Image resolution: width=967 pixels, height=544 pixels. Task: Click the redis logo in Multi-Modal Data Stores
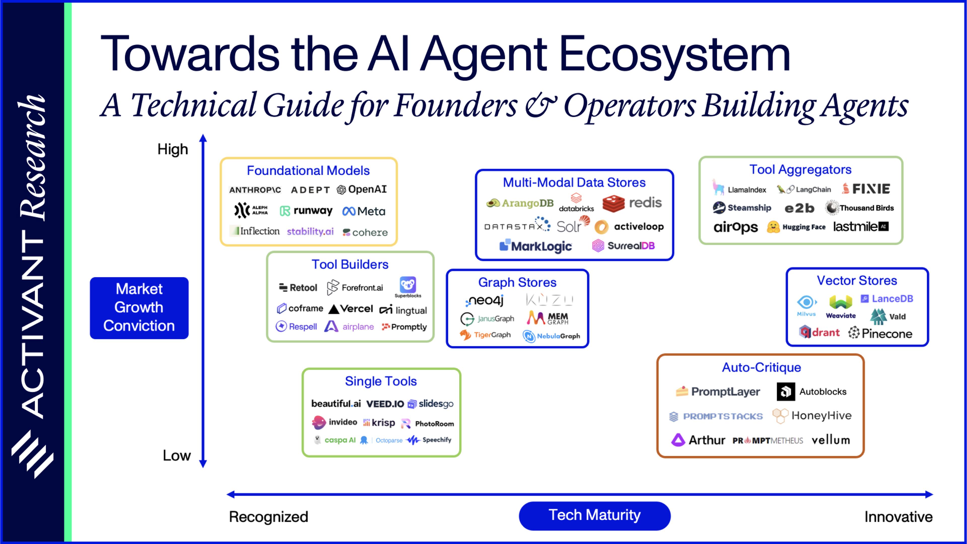[x=632, y=203]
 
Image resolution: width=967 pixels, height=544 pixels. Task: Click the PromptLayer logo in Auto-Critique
[x=718, y=392]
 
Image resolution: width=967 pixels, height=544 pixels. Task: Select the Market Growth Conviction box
[x=139, y=308]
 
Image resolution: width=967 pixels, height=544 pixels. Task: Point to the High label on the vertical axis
[x=172, y=149]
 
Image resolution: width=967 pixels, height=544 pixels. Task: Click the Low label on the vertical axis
[x=177, y=455]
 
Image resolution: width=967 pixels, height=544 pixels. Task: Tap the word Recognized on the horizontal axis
[x=268, y=517]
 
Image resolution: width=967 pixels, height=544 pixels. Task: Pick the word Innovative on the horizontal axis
[x=898, y=517]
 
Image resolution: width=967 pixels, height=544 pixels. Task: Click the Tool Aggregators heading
[x=800, y=169]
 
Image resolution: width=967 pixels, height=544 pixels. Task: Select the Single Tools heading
[x=381, y=381]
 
